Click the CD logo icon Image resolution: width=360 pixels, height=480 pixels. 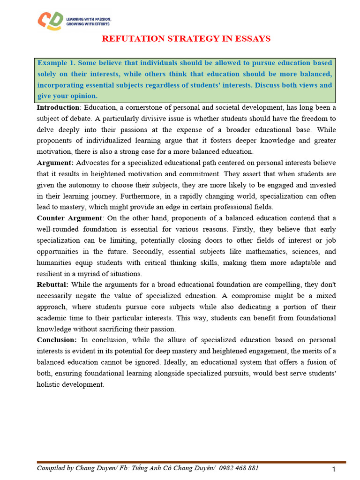tap(49, 21)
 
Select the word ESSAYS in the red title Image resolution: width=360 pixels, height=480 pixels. tap(253, 38)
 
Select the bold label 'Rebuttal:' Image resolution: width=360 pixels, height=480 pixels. tap(52, 285)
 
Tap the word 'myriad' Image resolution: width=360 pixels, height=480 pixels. tap(93, 273)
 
